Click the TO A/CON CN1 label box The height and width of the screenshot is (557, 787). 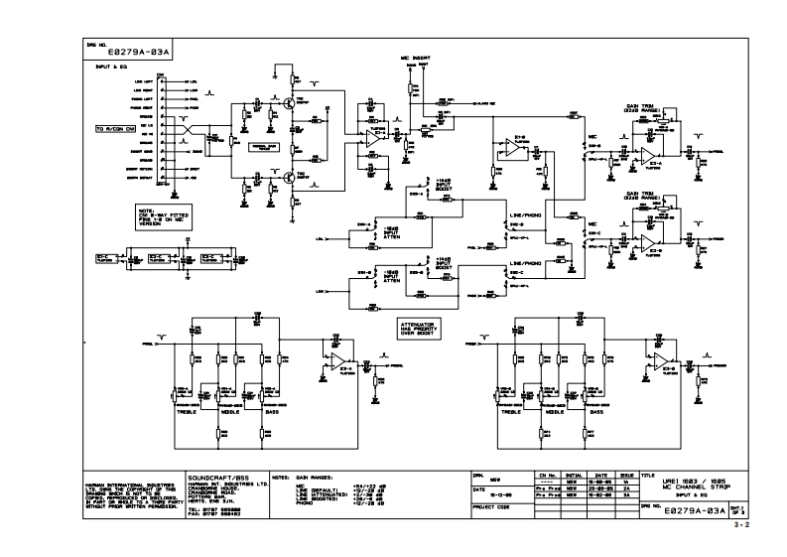coord(115,129)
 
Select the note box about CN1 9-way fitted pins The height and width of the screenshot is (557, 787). coord(160,216)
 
